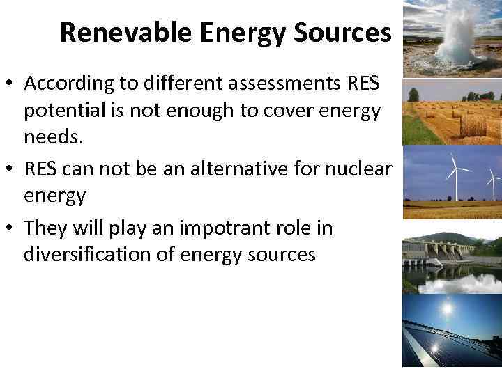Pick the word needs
53,137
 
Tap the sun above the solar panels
446,307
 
